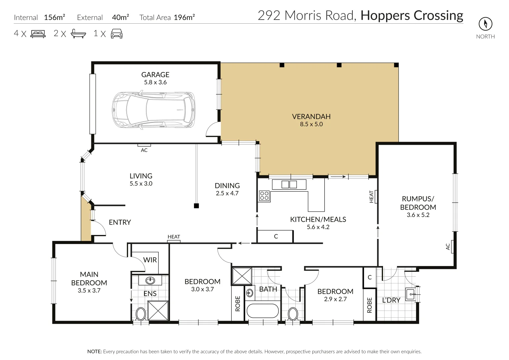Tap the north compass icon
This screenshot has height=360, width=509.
(x=485, y=24)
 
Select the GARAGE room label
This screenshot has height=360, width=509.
(x=155, y=75)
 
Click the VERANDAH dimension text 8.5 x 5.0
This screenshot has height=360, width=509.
(x=311, y=124)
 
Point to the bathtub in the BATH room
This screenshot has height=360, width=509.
(x=262, y=311)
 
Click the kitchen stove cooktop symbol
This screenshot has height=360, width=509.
(x=264, y=196)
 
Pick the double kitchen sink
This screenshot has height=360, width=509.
(x=289, y=184)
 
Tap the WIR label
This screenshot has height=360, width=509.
(x=150, y=260)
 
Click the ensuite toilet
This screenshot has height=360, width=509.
(x=141, y=314)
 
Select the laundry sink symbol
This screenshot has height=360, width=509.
(x=411, y=294)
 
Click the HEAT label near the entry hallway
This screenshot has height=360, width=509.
(x=174, y=237)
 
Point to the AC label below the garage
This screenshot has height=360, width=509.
(x=144, y=150)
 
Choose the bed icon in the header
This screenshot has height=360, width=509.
(x=38, y=34)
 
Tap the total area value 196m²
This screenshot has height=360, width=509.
(x=184, y=17)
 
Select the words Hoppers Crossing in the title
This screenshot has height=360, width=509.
(x=412, y=15)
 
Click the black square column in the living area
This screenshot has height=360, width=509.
(x=196, y=206)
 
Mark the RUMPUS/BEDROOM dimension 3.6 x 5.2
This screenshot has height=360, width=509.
(x=418, y=215)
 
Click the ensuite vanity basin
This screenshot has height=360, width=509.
(x=150, y=281)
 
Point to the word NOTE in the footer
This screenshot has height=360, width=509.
(x=94, y=352)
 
